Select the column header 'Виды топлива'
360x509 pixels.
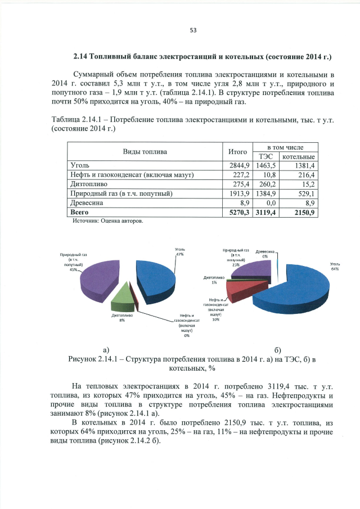(x=145, y=151)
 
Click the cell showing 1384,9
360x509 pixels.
(x=267, y=193)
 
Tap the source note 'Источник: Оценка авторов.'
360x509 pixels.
(x=108, y=221)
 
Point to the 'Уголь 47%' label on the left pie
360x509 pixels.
(x=181, y=251)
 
